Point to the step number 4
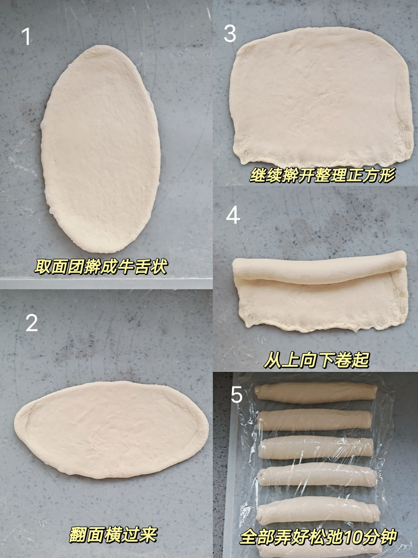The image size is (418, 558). [233, 215]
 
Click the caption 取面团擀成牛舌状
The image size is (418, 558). [101, 267]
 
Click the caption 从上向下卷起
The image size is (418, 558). [316, 360]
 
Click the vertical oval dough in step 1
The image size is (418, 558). [101, 149]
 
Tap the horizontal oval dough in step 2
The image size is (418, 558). [111, 430]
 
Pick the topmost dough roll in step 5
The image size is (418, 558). [316, 393]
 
